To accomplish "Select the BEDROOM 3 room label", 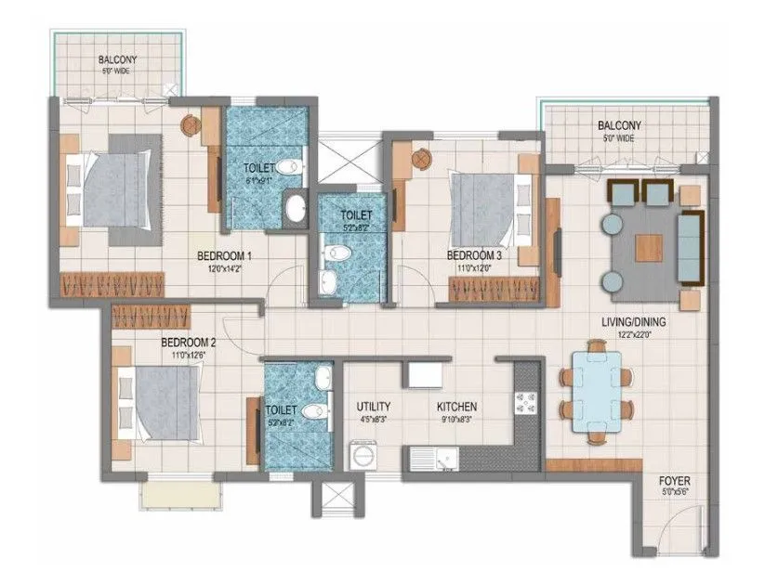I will tap(474, 255).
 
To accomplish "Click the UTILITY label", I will tap(373, 407).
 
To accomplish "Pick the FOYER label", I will tap(674, 481).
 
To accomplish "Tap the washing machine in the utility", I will tap(359, 459).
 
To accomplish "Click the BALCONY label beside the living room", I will tap(618, 125).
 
